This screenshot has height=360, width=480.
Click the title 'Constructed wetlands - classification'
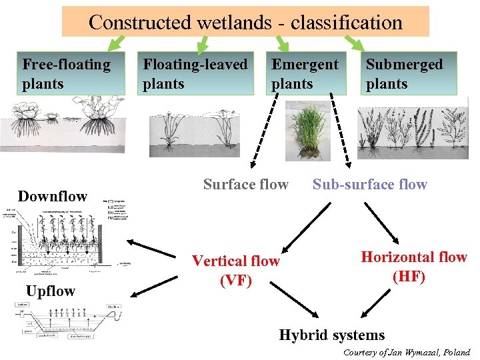coord(245,22)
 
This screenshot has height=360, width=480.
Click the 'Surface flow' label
coord(245,184)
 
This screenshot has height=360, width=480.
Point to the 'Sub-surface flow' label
coord(369,185)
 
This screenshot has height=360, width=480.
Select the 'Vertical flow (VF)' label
coord(236,270)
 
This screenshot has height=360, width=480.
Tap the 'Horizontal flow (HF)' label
coord(413,266)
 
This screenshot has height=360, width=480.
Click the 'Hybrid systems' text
coord(331,335)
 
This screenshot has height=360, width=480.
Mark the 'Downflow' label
coord(52,196)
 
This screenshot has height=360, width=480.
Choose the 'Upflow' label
coord(50,291)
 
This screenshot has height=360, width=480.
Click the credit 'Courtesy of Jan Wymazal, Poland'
coord(407,352)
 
